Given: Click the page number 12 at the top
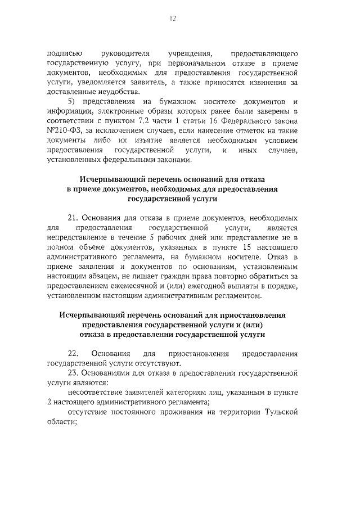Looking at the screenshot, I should tap(174, 19).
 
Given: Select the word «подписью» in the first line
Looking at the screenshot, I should tap(66, 53).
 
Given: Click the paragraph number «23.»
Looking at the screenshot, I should tap(73, 373).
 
